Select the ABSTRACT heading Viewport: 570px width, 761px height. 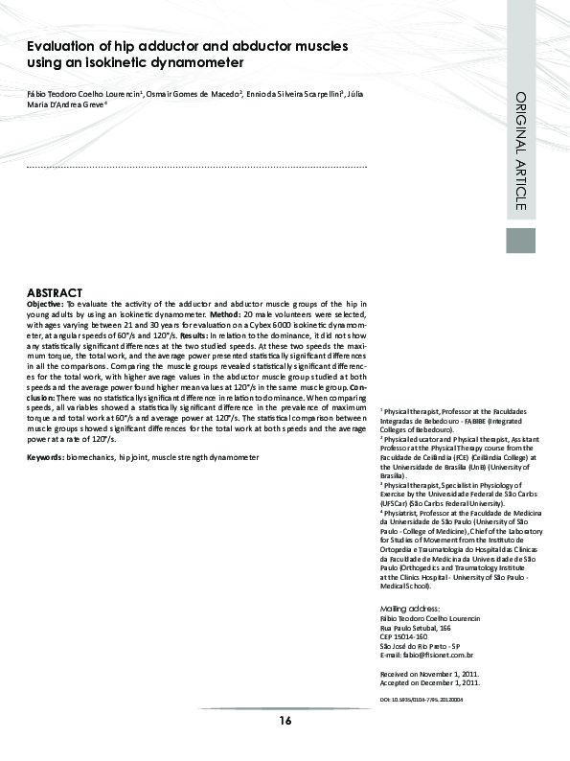pos(55,292)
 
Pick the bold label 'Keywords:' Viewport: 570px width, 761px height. pos(45,458)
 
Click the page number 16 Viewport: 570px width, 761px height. pos(285,720)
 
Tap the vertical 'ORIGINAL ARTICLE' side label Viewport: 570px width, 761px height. pos(520,150)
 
